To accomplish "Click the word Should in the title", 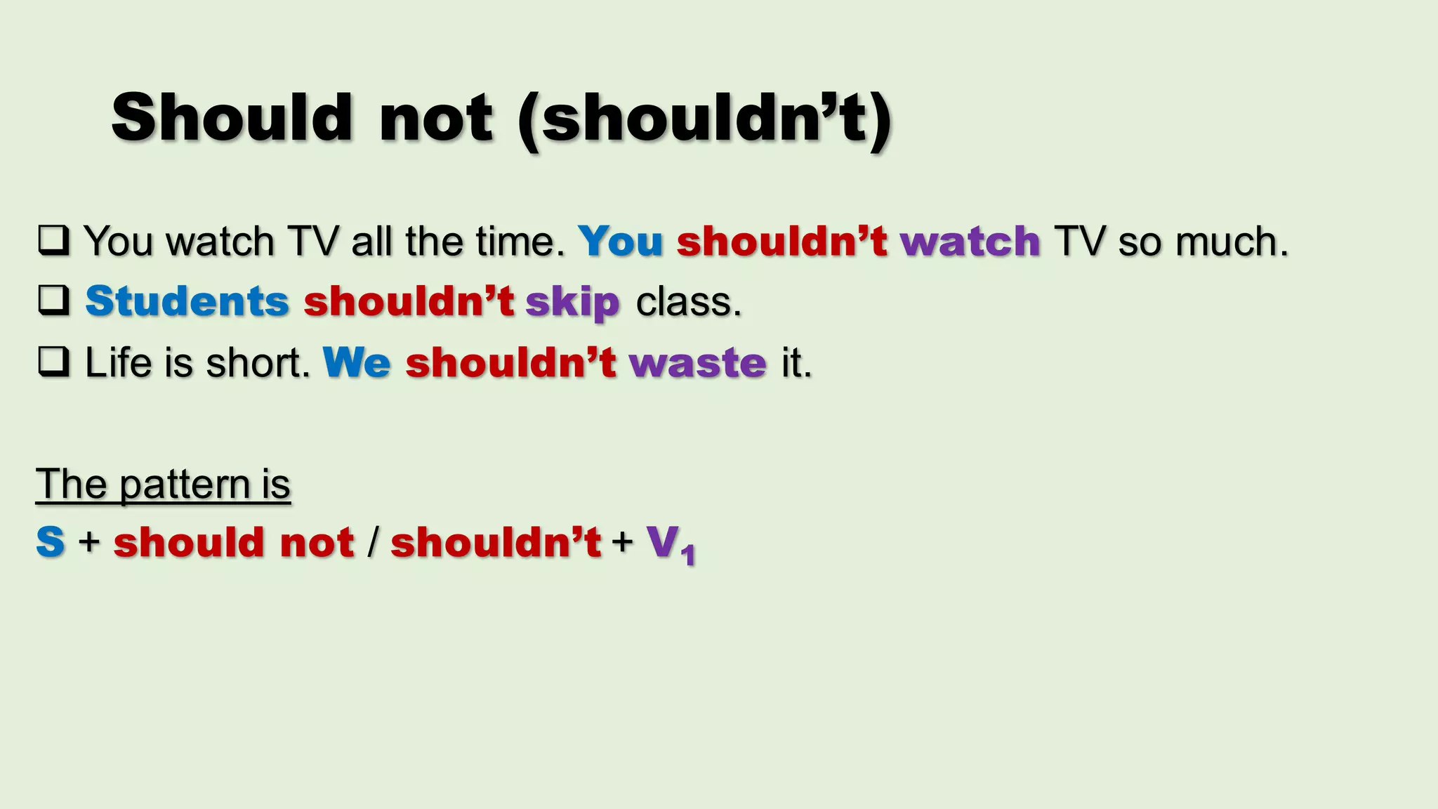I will pyautogui.click(x=231, y=117).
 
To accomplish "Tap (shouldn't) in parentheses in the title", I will pyautogui.click(x=704, y=119).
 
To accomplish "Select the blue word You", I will pyautogui.click(x=620, y=242).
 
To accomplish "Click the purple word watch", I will pyautogui.click(x=970, y=242).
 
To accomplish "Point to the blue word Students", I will pyautogui.click(x=187, y=301).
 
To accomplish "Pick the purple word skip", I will pyautogui.click(x=572, y=303).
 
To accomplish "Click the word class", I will pyautogui.click(x=688, y=302).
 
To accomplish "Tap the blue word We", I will pyautogui.click(x=357, y=362).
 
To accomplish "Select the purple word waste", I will pyautogui.click(x=697, y=363).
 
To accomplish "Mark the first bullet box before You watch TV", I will pyautogui.click(x=53, y=240).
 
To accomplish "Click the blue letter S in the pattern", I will pyautogui.click(x=51, y=542).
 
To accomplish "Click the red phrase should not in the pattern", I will pyautogui.click(x=234, y=542).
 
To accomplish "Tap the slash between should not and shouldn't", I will pyautogui.click(x=373, y=543).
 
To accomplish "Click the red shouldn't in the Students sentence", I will pyautogui.click(x=409, y=301).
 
